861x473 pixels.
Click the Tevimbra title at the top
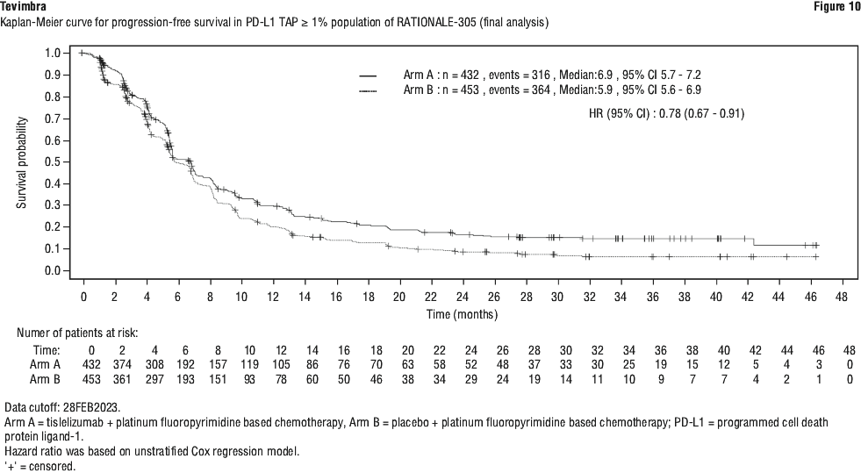point(23,7)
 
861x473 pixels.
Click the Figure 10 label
point(837,7)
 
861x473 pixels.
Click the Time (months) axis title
point(463,314)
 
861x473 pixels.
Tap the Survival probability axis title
point(21,162)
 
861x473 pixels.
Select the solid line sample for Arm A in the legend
point(368,75)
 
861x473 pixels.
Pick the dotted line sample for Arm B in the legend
point(368,90)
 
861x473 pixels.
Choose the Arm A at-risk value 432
point(91,365)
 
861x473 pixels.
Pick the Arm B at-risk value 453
point(91,379)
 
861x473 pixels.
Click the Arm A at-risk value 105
point(281,365)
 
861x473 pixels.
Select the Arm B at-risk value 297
point(154,379)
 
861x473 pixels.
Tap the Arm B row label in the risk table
point(45,379)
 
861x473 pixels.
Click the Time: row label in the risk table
point(47,351)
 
